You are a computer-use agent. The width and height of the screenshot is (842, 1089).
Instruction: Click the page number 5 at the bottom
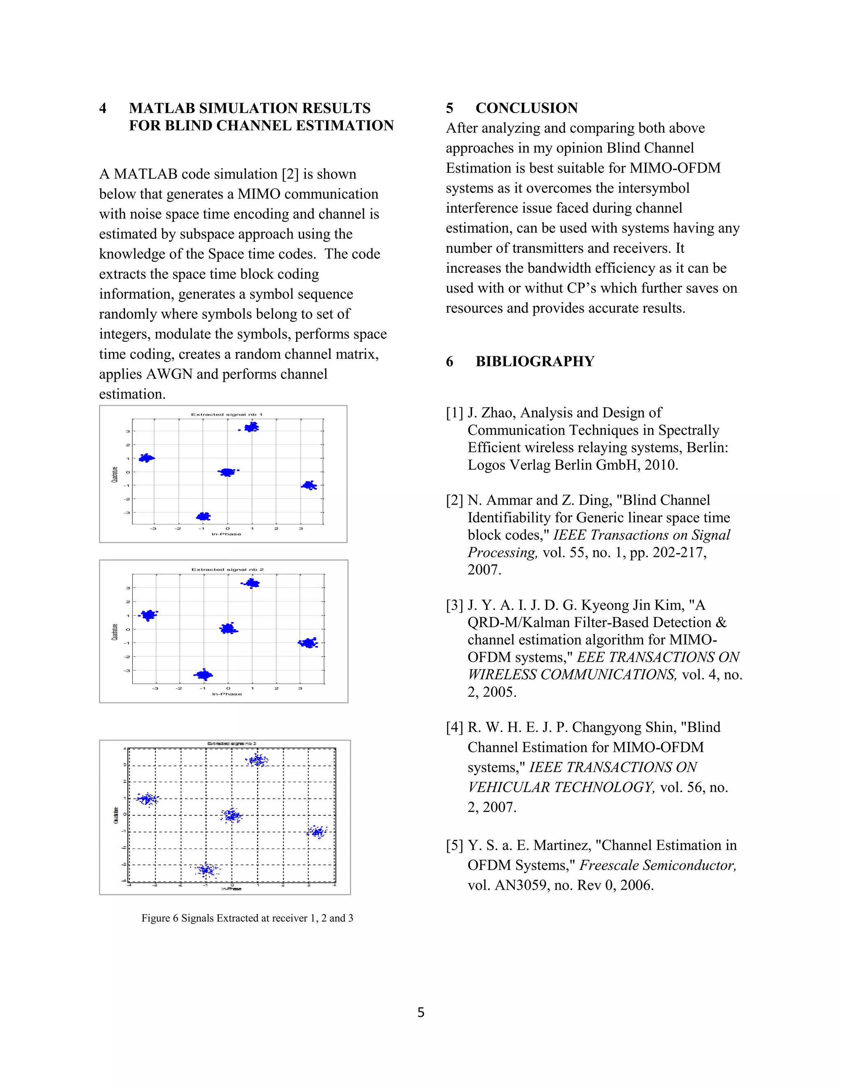pos(421,1012)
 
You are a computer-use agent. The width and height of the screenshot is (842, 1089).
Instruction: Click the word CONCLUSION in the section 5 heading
pos(526,108)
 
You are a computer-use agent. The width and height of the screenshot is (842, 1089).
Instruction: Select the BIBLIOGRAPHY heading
pos(535,362)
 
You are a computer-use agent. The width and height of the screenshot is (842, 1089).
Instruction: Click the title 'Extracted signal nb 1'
pos(227,414)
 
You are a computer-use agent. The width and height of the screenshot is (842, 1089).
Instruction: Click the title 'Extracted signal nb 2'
pos(227,570)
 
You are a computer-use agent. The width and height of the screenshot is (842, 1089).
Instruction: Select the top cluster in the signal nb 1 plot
pos(251,427)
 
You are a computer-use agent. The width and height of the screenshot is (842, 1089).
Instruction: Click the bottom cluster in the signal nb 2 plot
pos(204,675)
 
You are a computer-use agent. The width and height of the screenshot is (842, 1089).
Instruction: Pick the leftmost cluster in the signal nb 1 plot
pos(147,458)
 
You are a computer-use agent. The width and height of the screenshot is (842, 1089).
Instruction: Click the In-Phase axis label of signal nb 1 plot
pos(227,534)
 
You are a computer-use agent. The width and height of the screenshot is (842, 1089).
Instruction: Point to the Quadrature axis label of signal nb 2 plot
pos(115,632)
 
